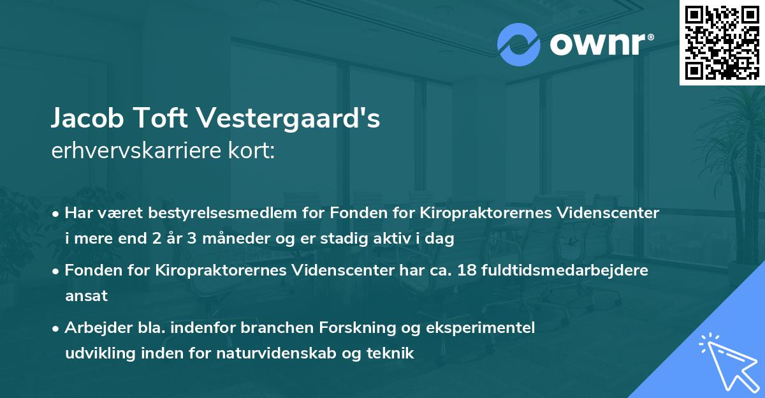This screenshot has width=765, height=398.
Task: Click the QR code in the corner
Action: [722, 42]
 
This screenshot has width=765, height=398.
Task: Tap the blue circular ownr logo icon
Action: [519, 45]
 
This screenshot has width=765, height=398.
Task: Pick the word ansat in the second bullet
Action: [86, 296]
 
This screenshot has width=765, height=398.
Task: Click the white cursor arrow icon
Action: [727, 360]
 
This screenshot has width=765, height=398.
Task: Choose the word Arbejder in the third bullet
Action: [93, 327]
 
